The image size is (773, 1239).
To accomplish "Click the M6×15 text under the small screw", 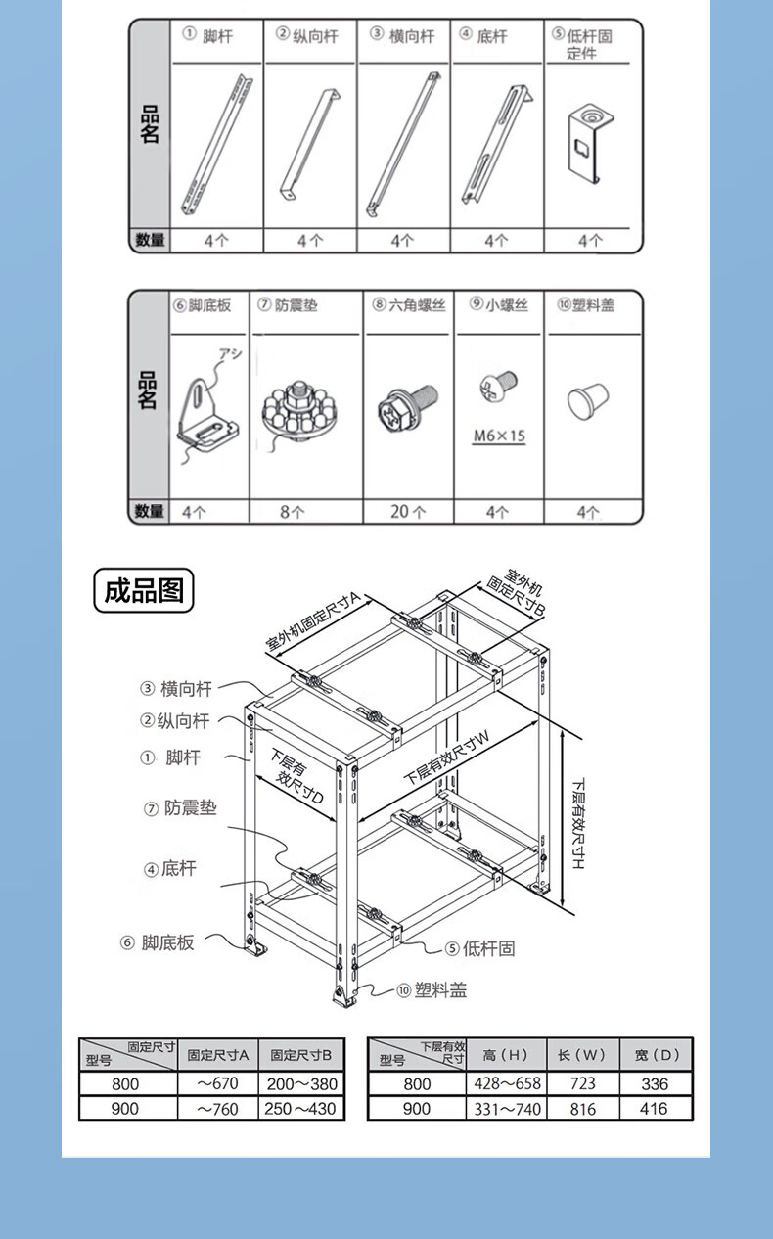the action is click(x=498, y=436).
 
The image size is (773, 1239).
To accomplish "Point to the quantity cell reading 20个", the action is click(x=408, y=512).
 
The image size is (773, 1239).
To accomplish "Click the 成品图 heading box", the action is click(x=144, y=591).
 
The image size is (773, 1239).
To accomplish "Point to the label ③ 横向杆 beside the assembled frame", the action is click(x=176, y=689).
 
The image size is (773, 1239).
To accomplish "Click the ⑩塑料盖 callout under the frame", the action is click(x=432, y=990).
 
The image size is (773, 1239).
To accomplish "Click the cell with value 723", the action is click(x=582, y=1083).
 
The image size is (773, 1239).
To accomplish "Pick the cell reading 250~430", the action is click(x=301, y=1109).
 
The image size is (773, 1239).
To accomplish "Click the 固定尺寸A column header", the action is click(x=218, y=1055).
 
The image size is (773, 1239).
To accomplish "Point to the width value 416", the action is click(x=655, y=1109).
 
